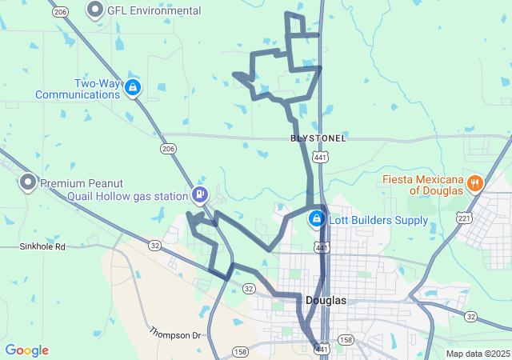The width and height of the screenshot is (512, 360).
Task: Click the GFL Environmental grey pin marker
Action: [x=96, y=10]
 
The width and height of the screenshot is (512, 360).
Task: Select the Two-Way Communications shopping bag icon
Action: [x=132, y=87]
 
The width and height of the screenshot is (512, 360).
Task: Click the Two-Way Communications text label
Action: [x=78, y=89]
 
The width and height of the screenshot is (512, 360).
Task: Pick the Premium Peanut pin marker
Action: [x=27, y=182]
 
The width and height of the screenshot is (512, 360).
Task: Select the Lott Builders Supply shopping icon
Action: [x=317, y=218]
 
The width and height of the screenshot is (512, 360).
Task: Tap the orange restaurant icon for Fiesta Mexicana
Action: [x=474, y=183]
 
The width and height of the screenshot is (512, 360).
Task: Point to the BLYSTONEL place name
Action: [x=318, y=138]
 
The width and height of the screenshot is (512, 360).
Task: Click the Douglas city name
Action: [x=326, y=300]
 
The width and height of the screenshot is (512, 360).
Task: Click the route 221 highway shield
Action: [x=465, y=218]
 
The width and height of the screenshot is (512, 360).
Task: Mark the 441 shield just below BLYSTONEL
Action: [x=320, y=158]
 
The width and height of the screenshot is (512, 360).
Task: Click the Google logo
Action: [x=26, y=350]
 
